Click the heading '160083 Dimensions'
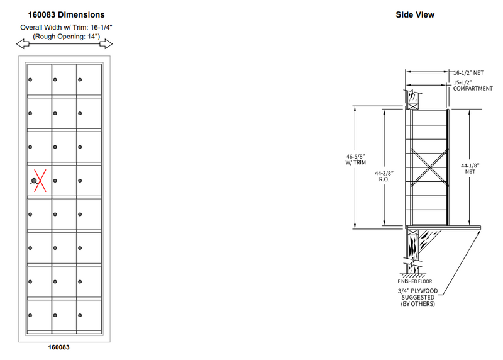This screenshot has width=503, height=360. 67,14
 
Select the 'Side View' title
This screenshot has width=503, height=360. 414,14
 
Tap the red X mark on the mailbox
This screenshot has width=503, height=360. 39,181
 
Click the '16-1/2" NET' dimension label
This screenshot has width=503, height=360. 470,74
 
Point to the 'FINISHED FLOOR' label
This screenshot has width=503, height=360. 413,281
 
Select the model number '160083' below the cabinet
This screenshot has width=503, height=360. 58,347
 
